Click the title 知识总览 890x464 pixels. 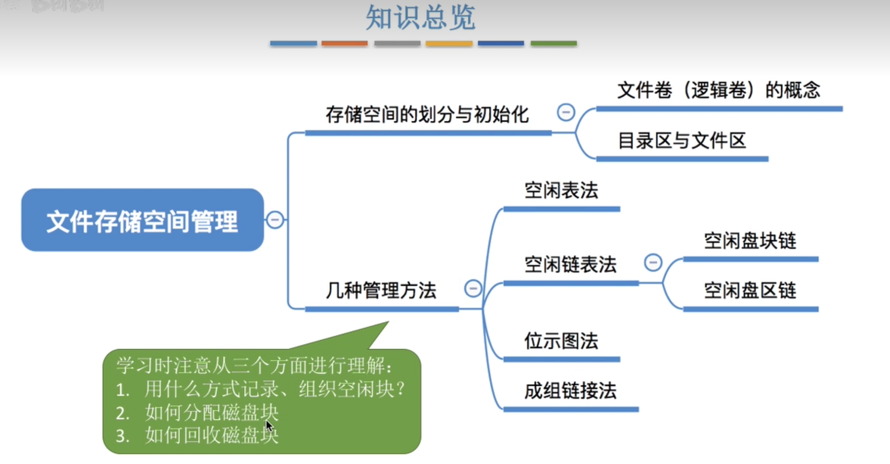click(x=421, y=18)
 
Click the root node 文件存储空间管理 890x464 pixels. click(x=142, y=221)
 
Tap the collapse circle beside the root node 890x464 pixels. click(x=275, y=220)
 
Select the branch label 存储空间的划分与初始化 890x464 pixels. click(x=427, y=114)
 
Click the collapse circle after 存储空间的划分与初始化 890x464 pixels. click(x=566, y=112)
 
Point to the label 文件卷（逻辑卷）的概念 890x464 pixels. click(x=719, y=90)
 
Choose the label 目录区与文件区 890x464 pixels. click(x=681, y=141)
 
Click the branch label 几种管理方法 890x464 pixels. click(x=381, y=290)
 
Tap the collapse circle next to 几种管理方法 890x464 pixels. click(x=473, y=289)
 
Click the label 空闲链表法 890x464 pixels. click(x=570, y=265)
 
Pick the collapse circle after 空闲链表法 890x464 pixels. click(x=653, y=262)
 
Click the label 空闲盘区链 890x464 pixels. click(x=750, y=291)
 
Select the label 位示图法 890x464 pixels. click(x=561, y=341)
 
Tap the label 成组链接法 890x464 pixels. click(x=570, y=391)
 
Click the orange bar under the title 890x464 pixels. click(x=344, y=43)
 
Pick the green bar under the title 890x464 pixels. click(x=554, y=43)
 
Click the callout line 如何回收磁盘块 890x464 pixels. click(x=211, y=436)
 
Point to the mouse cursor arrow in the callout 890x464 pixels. click(x=269, y=425)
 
